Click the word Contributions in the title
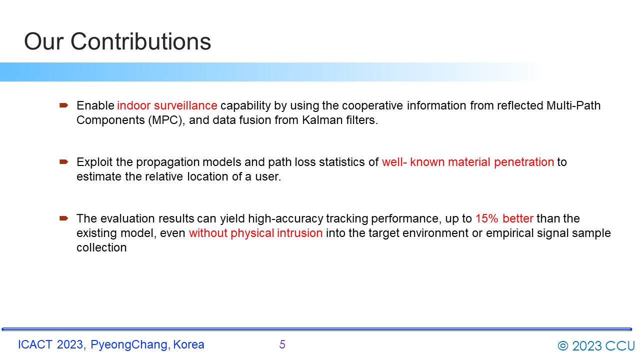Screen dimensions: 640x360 click(140, 41)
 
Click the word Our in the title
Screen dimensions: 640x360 click(43, 41)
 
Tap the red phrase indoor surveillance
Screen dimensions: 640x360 click(167, 105)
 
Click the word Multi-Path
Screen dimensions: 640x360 click(573, 105)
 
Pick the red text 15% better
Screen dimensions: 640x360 click(504, 218)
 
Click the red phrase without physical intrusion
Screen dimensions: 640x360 click(255, 233)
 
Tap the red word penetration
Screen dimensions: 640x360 click(524, 162)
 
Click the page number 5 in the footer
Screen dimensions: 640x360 click(282, 344)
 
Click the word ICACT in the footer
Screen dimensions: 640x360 click(35, 344)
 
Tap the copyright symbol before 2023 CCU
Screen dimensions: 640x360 click(563, 346)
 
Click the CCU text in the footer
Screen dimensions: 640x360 click(620, 346)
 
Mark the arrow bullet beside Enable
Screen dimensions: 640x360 click(63, 105)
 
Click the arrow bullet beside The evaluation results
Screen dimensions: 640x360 click(63, 218)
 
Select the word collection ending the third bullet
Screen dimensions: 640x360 click(101, 247)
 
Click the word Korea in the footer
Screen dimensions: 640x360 click(188, 344)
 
